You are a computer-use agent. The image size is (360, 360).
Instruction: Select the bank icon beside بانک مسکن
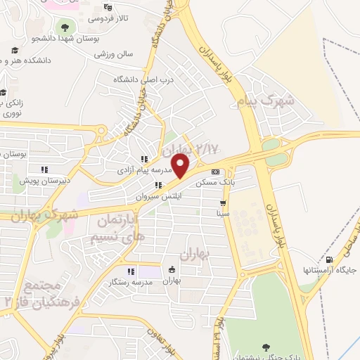(x=215, y=172)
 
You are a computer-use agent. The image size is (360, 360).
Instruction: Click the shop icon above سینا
(x=223, y=202)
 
